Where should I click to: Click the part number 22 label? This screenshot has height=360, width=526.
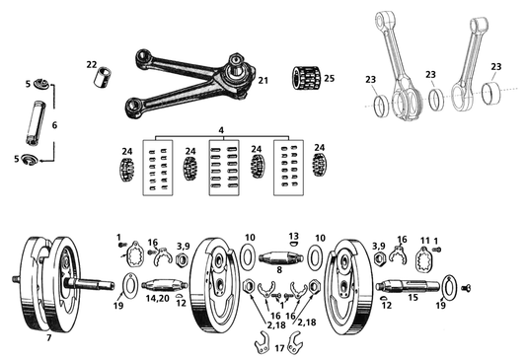(x=92, y=64)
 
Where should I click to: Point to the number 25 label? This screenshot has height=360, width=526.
(x=330, y=77)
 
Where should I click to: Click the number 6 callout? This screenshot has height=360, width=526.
(x=55, y=125)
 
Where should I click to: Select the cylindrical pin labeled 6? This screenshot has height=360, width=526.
(x=37, y=127)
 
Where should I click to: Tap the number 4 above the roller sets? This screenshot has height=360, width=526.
(x=221, y=128)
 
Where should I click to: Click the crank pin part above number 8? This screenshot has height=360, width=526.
(x=279, y=254)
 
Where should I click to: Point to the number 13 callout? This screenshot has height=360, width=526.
(x=293, y=236)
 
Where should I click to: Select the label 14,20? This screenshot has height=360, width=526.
(x=159, y=297)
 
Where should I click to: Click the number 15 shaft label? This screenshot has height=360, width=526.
(x=413, y=297)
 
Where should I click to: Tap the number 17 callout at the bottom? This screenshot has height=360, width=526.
(x=279, y=348)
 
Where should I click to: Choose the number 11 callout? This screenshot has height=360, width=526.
(x=425, y=241)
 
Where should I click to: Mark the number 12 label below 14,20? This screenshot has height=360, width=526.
(x=181, y=303)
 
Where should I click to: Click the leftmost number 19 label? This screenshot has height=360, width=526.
(x=118, y=306)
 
